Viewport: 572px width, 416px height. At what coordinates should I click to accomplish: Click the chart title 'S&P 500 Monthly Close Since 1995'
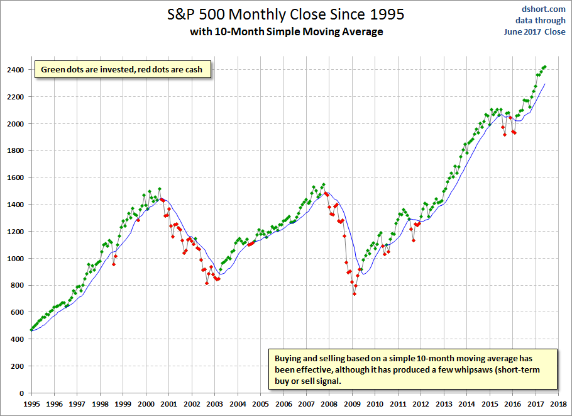click(285, 14)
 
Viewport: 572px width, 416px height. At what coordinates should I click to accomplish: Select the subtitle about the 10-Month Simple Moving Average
click(287, 31)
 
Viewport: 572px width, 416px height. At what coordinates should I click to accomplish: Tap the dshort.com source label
click(543, 9)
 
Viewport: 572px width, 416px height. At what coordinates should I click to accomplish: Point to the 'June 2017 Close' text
click(534, 31)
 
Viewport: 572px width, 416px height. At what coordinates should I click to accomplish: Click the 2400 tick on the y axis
click(15, 70)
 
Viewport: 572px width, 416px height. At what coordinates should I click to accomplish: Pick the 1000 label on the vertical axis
click(15, 259)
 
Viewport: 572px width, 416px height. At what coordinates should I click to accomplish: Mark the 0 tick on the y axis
click(21, 393)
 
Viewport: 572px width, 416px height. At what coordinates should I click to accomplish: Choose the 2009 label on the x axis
click(352, 404)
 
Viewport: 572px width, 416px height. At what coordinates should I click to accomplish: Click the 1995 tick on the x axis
click(31, 404)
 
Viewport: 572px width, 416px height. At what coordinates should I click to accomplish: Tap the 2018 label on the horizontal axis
click(558, 404)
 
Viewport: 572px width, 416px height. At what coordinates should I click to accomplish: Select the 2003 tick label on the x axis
click(215, 404)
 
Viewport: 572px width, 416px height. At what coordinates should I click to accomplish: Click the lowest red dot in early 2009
click(355, 294)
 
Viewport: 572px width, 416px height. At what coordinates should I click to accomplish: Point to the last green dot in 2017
click(544, 67)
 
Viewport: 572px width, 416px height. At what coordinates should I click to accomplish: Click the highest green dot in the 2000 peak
click(160, 189)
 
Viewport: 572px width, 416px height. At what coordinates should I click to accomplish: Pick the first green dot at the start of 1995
click(31, 330)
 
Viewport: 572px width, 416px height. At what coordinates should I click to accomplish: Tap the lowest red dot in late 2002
click(207, 283)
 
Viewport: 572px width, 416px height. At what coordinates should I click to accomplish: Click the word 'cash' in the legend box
click(194, 70)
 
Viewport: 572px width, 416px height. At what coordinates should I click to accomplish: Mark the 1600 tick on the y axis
click(15, 178)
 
